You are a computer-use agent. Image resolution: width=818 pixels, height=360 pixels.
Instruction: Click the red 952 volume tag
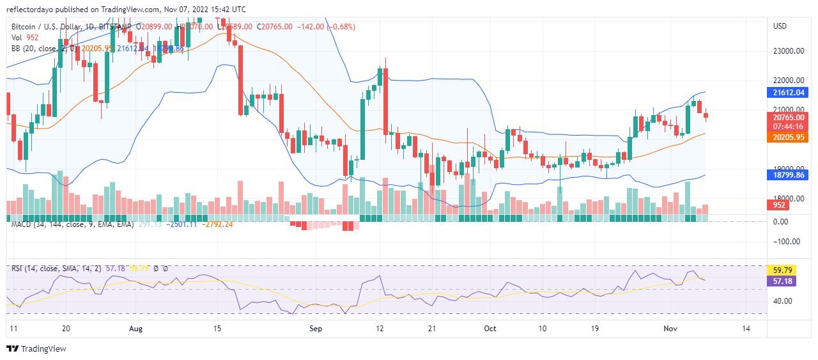[x=779, y=205]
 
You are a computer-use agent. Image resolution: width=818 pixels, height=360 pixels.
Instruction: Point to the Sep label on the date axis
[x=316, y=328]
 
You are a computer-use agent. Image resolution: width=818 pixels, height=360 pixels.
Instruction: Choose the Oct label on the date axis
[x=490, y=328]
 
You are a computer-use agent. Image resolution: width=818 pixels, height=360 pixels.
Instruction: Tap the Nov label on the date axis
[x=670, y=328]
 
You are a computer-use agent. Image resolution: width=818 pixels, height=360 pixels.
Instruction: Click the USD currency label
[x=780, y=26]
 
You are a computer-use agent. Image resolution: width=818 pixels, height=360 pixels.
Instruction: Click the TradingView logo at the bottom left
[x=36, y=348]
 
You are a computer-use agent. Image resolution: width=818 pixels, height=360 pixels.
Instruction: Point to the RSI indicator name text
[x=18, y=269]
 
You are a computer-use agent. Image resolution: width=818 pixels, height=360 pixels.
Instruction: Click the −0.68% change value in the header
[x=341, y=27]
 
